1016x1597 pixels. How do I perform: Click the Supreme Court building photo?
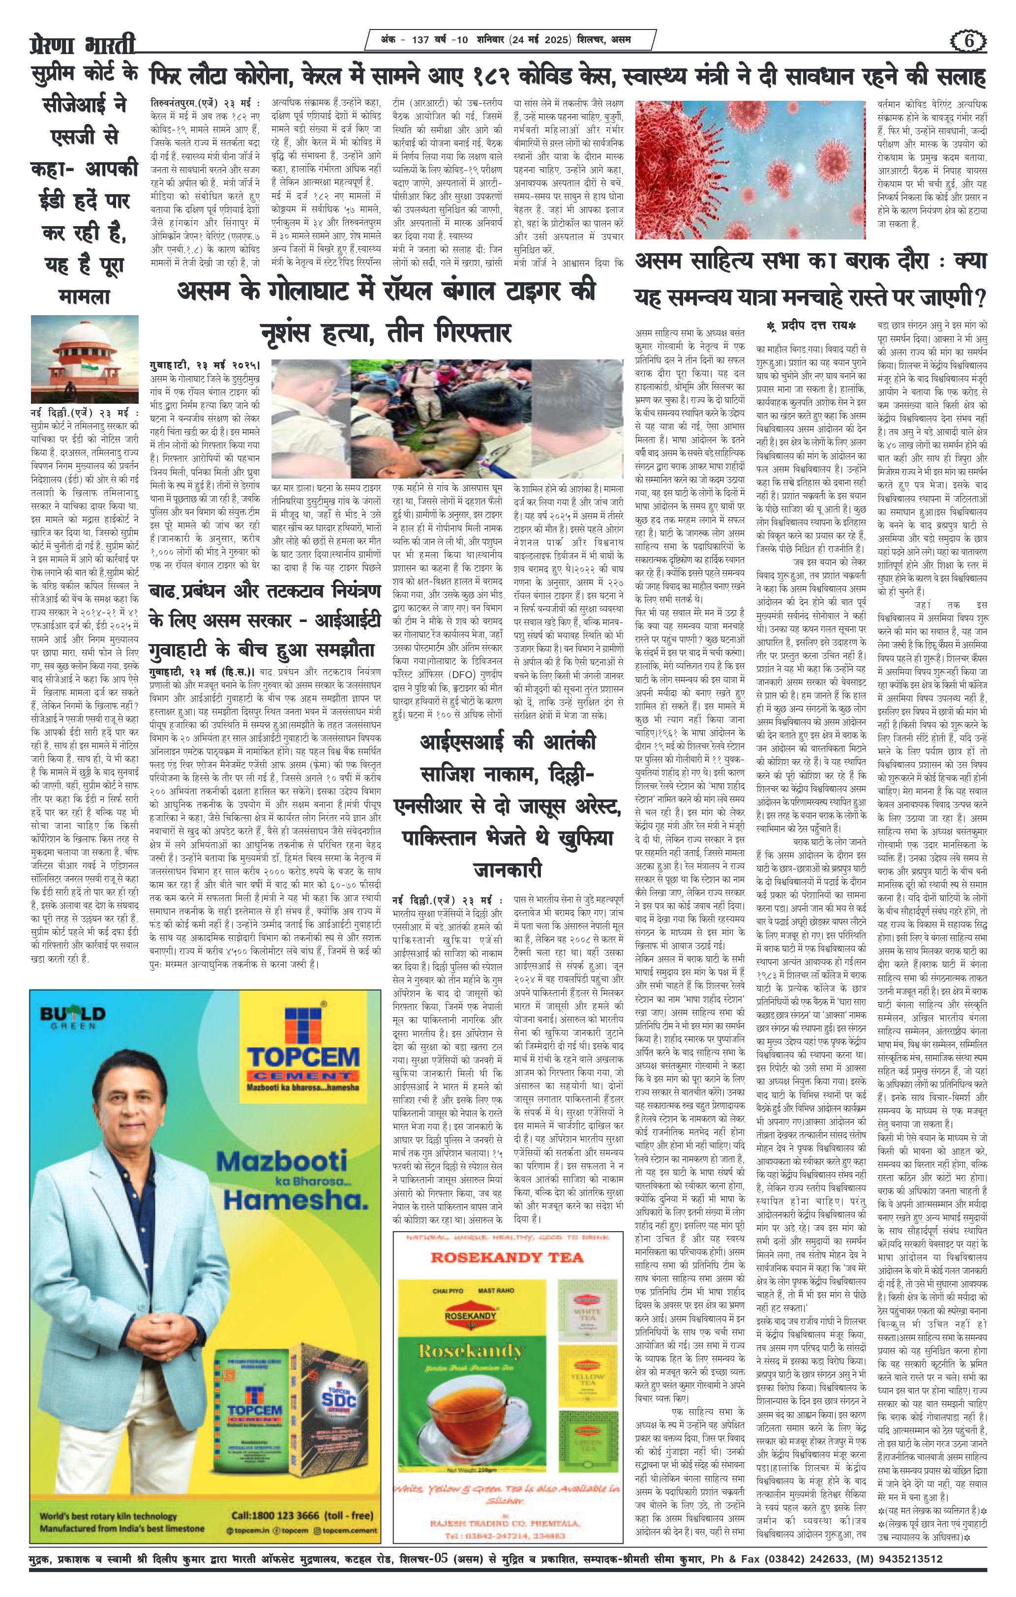84,359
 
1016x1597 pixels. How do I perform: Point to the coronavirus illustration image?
749,170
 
